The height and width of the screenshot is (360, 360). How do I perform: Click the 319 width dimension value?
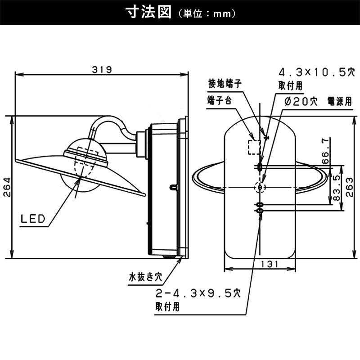pyautogui.click(x=102, y=69)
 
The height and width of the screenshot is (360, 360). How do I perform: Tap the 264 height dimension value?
pyautogui.click(x=7, y=187)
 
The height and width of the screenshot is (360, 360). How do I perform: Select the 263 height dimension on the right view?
pyautogui.click(x=349, y=187)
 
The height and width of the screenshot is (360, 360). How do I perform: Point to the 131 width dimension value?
pyautogui.click(x=270, y=264)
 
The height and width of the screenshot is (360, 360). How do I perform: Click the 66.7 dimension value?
pyautogui.click(x=325, y=151)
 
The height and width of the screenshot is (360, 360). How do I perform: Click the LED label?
pyautogui.click(x=33, y=219)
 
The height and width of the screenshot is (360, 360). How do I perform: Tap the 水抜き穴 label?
pyautogui.click(x=145, y=277)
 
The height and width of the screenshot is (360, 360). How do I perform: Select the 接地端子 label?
pyautogui.click(x=225, y=84)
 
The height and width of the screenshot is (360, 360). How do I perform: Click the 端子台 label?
pyautogui.click(x=220, y=100)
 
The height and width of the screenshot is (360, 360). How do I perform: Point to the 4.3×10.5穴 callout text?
pyautogui.click(x=317, y=72)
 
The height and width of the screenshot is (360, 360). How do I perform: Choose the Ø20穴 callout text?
pyautogui.click(x=301, y=101)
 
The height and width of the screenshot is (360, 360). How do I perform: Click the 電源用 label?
pyautogui.click(x=339, y=101)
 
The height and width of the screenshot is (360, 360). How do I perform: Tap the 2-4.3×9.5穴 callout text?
pyautogui.click(x=198, y=293)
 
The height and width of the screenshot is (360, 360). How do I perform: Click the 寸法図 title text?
pyautogui.click(x=149, y=12)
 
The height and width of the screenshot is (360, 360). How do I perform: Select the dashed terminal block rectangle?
pyautogui.click(x=254, y=147)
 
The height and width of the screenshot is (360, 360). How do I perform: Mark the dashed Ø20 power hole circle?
pyautogui.click(x=260, y=187)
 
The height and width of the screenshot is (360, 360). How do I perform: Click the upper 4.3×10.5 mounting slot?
pyautogui.click(x=260, y=166)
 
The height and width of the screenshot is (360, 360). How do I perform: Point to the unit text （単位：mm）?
pyautogui.click(x=207, y=13)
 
